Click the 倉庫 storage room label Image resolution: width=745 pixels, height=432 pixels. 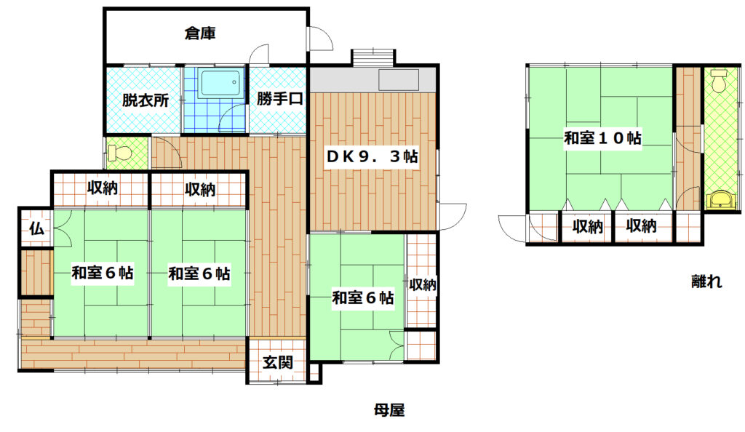click(x=200, y=33)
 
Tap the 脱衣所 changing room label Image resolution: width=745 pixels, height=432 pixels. click(x=146, y=100)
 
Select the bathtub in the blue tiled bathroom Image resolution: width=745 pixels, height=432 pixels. click(x=220, y=84)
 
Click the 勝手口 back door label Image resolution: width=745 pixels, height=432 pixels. click(x=279, y=99)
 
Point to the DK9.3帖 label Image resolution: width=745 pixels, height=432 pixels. click(x=372, y=156)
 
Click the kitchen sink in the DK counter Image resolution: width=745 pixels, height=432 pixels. click(x=399, y=79)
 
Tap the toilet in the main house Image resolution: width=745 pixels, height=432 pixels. click(x=119, y=153)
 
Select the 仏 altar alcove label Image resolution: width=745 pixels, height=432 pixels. click(x=36, y=229)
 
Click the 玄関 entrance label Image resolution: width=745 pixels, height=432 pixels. click(x=277, y=363)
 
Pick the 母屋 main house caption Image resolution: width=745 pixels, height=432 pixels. click(x=389, y=409)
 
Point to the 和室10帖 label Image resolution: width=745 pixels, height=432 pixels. click(x=602, y=137)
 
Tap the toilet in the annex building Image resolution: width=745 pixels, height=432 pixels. click(x=719, y=81)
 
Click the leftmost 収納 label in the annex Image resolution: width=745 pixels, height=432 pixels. click(x=587, y=226)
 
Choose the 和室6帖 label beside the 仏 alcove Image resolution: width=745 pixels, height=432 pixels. click(x=102, y=273)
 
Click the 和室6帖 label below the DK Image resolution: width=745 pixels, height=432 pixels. click(x=362, y=297)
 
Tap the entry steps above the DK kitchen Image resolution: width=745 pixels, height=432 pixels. click(x=373, y=57)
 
